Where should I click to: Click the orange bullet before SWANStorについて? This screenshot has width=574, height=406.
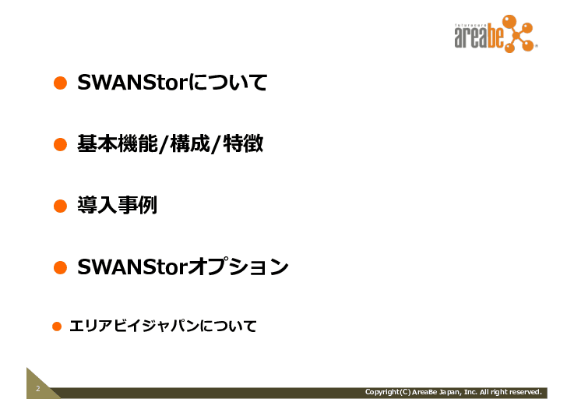(x=59, y=83)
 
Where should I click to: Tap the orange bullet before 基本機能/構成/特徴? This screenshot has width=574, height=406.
(x=59, y=144)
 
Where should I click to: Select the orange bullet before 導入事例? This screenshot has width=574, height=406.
(x=59, y=206)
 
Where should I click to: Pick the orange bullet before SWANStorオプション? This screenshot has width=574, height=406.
(x=59, y=268)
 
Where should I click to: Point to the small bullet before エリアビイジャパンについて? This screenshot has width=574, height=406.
(x=56, y=326)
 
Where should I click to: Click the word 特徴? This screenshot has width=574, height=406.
(x=242, y=144)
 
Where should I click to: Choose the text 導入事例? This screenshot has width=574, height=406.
(x=117, y=206)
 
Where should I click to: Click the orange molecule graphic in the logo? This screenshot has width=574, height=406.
(x=517, y=34)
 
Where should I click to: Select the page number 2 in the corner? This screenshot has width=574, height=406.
(x=37, y=389)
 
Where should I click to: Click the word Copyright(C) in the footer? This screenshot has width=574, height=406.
(x=387, y=392)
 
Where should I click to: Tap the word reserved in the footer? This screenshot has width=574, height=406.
(x=524, y=392)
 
